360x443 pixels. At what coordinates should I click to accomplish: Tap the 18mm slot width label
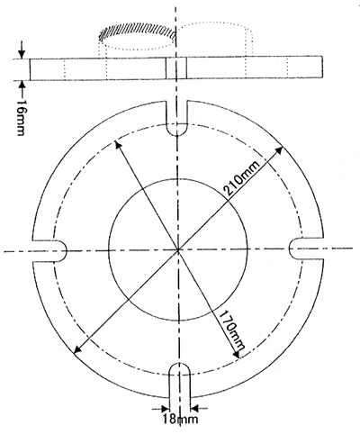(180, 419)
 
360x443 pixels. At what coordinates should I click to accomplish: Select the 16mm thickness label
(21, 117)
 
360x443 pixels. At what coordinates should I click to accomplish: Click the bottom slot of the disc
(180, 381)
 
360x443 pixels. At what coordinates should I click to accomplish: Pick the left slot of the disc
(49, 250)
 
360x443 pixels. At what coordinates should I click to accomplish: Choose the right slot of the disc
(306, 248)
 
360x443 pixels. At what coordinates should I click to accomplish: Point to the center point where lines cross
(178, 249)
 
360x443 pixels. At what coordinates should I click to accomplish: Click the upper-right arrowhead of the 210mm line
(279, 149)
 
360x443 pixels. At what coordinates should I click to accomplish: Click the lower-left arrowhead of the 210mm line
(77, 349)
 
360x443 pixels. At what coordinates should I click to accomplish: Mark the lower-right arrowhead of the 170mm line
(237, 355)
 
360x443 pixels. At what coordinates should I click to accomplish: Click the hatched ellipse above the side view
(138, 32)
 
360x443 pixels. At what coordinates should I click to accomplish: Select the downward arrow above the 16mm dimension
(22, 50)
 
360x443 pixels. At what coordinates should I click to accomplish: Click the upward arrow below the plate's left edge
(22, 87)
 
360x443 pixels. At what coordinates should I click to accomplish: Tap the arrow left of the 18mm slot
(161, 409)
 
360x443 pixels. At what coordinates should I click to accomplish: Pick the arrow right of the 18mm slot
(199, 408)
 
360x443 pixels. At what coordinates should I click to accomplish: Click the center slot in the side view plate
(176, 68)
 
